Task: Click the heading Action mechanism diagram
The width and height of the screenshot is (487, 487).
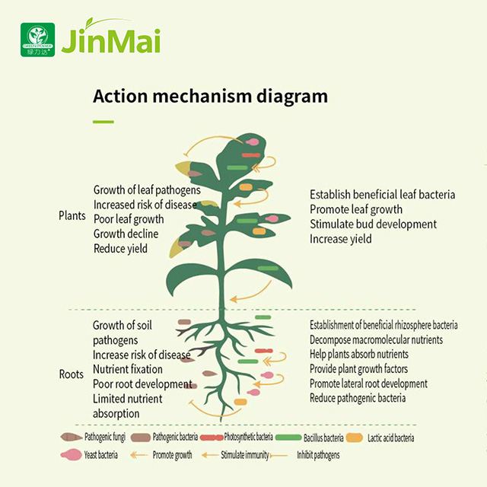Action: pos(210,97)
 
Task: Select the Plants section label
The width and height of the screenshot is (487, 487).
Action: pos(72,215)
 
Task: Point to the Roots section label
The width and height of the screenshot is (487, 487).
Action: pos(72,374)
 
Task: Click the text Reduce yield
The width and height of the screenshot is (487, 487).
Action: pos(120,248)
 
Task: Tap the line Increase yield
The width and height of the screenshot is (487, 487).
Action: pos(340,238)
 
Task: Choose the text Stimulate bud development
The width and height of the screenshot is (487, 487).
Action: pos(373,224)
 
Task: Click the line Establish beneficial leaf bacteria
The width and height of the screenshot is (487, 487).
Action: pos(382,195)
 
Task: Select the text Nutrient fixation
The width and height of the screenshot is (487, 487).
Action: pos(128,369)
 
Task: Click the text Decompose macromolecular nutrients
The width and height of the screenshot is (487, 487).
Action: pos(376,339)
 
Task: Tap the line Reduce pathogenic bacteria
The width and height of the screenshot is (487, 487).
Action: pos(358,398)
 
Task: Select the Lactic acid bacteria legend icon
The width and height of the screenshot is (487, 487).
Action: pos(354,438)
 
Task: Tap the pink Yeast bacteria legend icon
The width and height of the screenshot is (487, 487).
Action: pos(72,455)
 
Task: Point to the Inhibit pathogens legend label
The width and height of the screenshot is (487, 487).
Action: pos(314,455)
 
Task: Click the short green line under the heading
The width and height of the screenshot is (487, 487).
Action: pos(103,121)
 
